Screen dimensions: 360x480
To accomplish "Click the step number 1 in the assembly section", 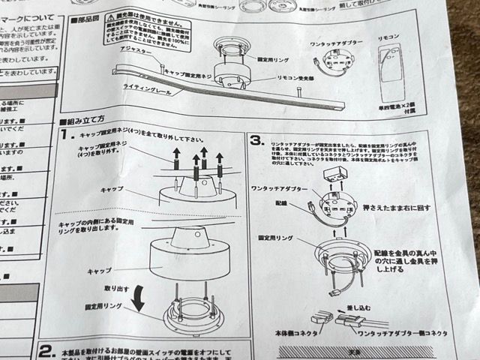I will [x=66, y=136].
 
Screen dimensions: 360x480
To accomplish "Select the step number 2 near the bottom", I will [x=46, y=351].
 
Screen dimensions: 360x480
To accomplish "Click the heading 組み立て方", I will [x=88, y=120].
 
